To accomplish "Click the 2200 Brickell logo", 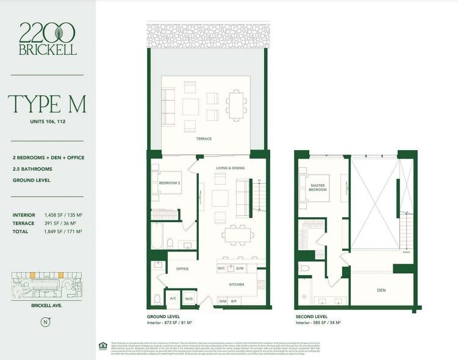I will (x=48, y=39).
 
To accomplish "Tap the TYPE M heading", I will (x=47, y=104).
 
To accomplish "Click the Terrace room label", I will (x=204, y=139).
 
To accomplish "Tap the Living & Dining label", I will (x=230, y=167).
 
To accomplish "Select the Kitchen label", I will (x=236, y=284).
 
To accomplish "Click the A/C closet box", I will (x=173, y=299).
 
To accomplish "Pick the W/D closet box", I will (x=188, y=299).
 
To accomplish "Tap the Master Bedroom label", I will (x=318, y=187).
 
